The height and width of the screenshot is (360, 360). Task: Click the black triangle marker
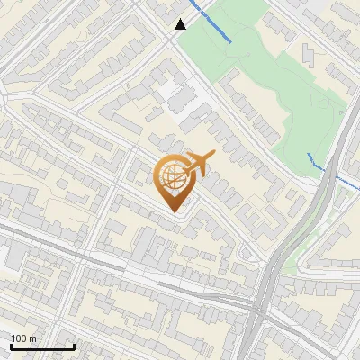[181, 24]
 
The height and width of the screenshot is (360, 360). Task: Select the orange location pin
[173, 181]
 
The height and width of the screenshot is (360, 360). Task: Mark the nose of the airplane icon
[212, 157]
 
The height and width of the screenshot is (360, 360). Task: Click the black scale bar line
[42, 346]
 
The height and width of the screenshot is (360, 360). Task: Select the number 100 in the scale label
[20, 338]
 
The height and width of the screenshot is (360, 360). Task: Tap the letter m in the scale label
[33, 338]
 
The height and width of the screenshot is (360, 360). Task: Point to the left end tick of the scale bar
[12, 345]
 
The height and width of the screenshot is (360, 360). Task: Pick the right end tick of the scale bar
[74, 345]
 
